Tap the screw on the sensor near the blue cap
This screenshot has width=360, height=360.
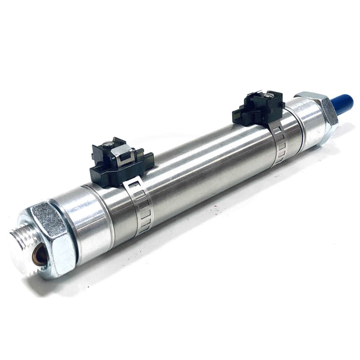click(271, 97)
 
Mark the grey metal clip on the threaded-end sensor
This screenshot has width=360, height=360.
click(125, 151)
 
